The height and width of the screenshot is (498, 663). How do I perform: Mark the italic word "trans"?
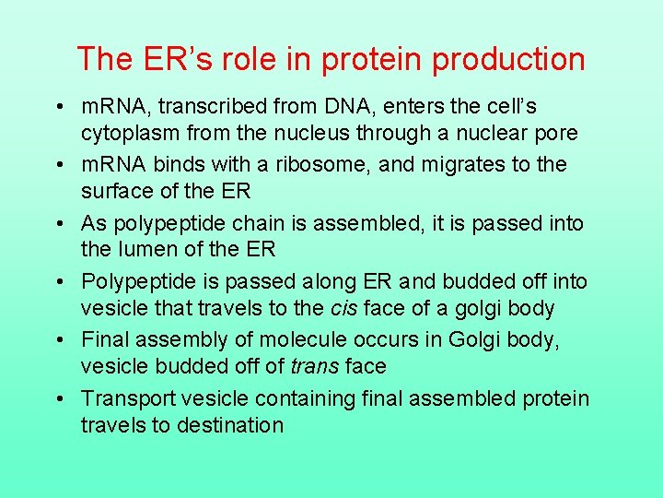point(313,367)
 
